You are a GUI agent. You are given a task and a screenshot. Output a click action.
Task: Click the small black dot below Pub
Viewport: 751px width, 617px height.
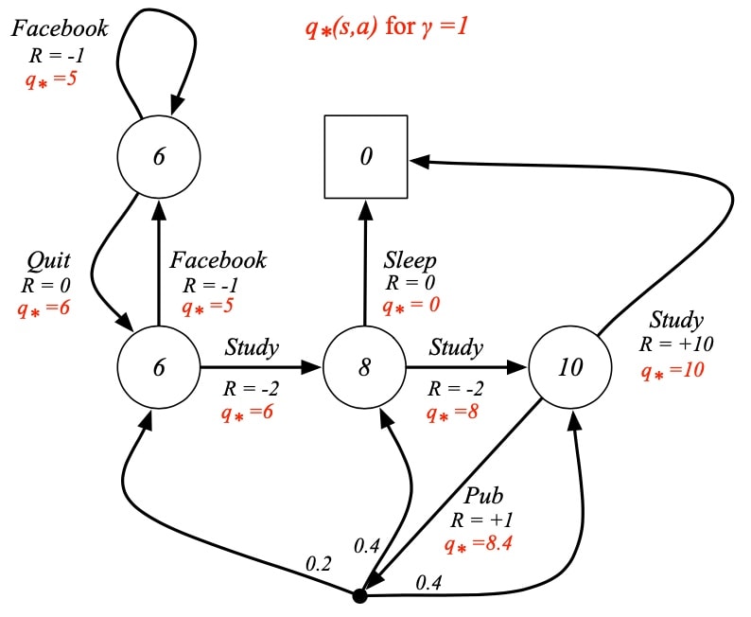[359, 596]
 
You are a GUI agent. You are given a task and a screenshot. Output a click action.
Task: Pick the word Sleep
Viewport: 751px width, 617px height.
[410, 261]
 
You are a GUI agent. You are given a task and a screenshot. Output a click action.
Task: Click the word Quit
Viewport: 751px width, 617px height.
[48, 261]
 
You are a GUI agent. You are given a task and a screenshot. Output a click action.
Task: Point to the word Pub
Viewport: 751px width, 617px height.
[483, 495]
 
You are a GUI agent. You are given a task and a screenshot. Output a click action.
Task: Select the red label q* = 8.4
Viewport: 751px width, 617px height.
[478, 544]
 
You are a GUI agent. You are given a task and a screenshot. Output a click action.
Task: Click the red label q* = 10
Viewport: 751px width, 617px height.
[672, 371]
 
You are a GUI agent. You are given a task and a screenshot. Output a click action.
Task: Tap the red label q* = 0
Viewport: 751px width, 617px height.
[410, 305]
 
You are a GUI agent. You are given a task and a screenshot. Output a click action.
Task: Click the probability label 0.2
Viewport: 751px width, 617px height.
[319, 564]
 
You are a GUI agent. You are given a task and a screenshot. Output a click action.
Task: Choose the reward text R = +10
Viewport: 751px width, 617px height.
[676, 344]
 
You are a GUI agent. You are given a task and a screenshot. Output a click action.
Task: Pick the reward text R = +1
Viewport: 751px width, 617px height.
[481, 520]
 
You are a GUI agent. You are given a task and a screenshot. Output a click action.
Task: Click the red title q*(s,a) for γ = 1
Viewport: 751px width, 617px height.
[387, 26]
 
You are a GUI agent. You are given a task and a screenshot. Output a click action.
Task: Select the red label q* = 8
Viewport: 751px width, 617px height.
[452, 413]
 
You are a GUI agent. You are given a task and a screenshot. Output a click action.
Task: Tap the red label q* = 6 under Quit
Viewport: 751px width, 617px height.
[44, 308]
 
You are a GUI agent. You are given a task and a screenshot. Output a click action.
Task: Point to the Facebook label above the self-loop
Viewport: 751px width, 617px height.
[60, 28]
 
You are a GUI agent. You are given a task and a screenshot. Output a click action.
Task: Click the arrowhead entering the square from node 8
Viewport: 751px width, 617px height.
[366, 209]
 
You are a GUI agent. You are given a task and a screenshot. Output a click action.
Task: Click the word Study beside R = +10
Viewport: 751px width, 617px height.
[676, 321]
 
